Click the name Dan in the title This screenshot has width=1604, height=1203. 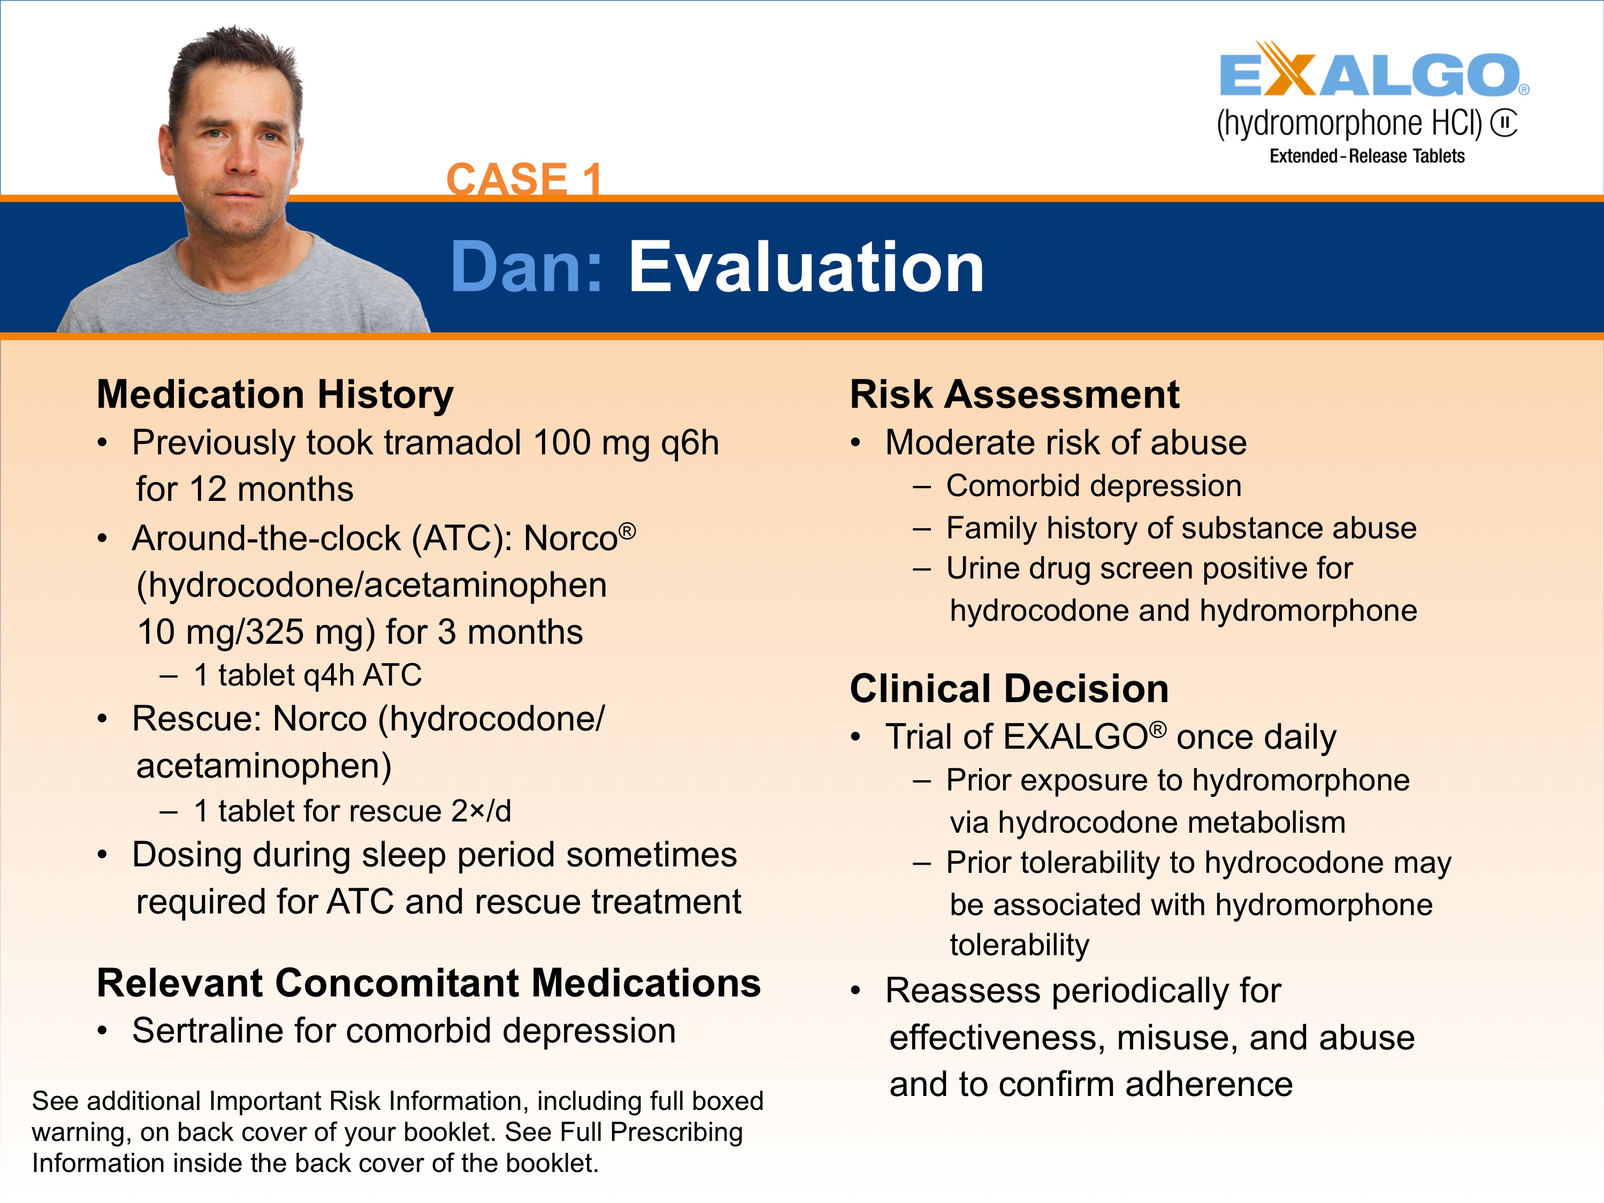tap(526, 267)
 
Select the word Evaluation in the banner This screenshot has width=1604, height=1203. tap(805, 267)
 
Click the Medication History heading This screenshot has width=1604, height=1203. tap(275, 394)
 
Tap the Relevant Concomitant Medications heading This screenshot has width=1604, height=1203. tap(429, 983)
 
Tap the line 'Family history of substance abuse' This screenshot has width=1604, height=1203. tap(1180, 528)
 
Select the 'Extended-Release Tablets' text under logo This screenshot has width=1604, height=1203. tap(1366, 156)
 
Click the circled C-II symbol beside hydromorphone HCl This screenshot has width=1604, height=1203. tap(1504, 123)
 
